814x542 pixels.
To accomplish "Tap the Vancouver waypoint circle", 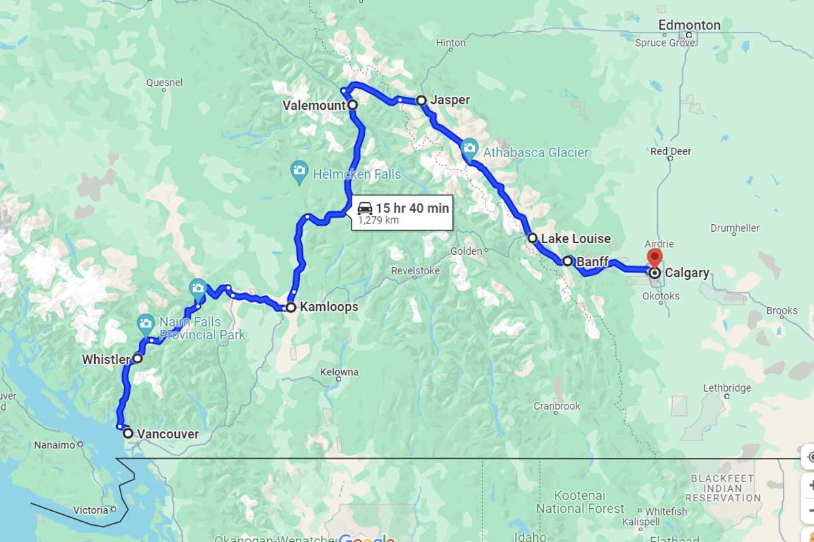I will pos(128,434).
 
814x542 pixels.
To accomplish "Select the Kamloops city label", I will pos(328,308).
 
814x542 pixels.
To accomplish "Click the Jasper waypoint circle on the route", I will pos(421,100).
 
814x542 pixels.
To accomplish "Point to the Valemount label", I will pos(313,105).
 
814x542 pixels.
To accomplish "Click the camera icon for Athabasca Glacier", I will pos(469,147).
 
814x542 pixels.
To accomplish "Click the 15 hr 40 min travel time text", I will pos(412,208).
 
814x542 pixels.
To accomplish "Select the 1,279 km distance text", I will pos(378,220).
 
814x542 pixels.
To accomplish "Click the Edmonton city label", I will pos(690,25).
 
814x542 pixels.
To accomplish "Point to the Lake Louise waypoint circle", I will pos(532,238).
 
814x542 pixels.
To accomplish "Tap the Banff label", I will pos(592,262).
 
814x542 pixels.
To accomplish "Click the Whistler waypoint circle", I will pos(137,358).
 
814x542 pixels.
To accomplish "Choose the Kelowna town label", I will pos(341,372).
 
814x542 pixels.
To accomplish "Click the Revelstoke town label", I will pos(415,271).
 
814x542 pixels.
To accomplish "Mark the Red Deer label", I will pos(670,151).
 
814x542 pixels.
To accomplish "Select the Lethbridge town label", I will pos(727,388).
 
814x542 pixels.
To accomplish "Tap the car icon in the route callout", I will pos(365,208).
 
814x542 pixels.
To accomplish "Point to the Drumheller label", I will pos(735,228).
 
